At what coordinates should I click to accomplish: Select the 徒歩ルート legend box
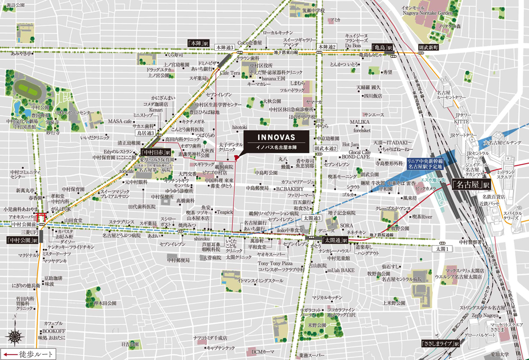(27, 354)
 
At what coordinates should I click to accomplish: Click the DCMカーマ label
(262, 352)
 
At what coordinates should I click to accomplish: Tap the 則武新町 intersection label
(429, 48)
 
